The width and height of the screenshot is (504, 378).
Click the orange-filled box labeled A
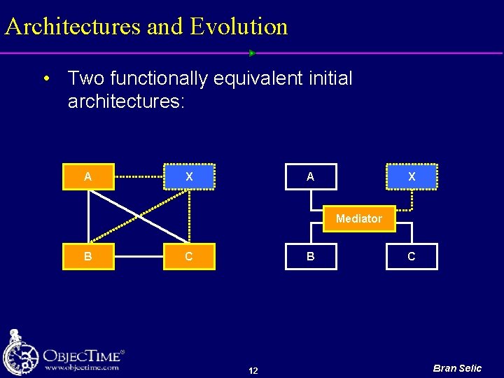(87, 177)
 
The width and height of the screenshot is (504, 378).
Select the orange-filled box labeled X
(189, 177)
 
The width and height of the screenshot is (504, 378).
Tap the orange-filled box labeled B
(87, 256)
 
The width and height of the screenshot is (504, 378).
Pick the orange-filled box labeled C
(189, 256)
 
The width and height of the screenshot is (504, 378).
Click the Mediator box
(358, 218)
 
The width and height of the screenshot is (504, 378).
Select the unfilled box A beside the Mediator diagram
(310, 177)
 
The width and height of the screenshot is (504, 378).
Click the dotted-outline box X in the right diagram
(411, 177)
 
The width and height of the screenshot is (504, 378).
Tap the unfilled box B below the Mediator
(310, 256)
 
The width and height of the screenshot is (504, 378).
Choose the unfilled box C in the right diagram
(411, 256)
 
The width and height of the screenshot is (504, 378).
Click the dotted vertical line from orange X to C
(189, 216)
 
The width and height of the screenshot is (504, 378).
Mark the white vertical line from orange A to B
(87, 216)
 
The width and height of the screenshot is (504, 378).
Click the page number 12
(253, 370)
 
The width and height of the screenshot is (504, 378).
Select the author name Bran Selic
(457, 368)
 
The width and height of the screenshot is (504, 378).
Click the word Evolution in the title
(239, 27)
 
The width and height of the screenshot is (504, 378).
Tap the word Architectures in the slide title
(72, 27)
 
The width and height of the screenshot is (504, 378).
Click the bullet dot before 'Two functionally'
(46, 78)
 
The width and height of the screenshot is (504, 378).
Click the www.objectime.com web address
(81, 367)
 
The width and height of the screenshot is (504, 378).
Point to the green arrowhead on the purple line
(252, 53)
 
